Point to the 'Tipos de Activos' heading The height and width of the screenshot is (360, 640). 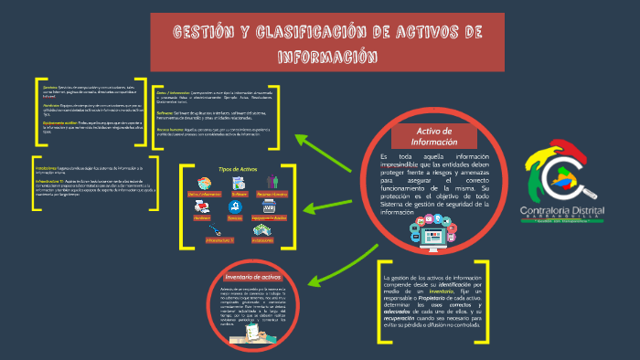238,170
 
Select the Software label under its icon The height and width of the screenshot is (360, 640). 240,195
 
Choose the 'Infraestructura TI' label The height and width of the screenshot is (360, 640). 219,239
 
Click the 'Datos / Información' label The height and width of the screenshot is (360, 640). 206,195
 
